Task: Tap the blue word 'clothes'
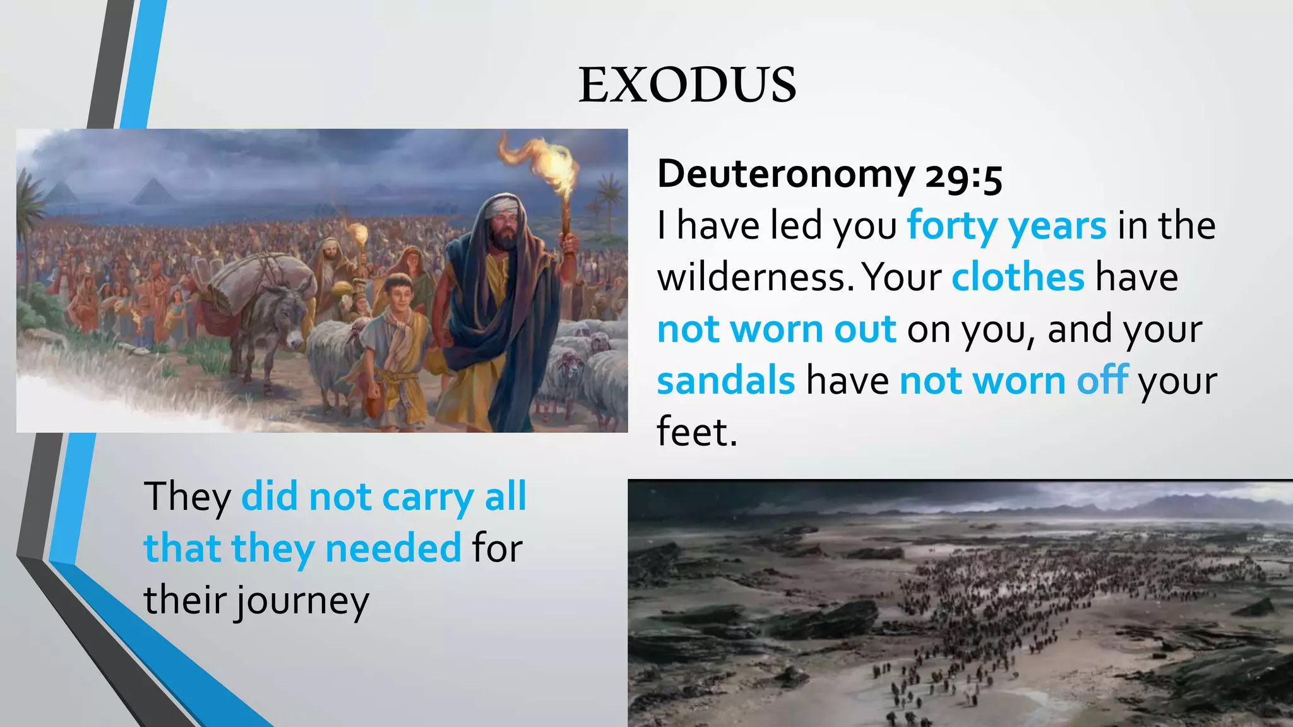tap(1018, 277)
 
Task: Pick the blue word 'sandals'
tap(726, 381)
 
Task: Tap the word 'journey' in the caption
tap(302, 601)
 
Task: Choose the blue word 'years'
tap(1057, 225)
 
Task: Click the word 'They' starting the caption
tap(188, 497)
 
